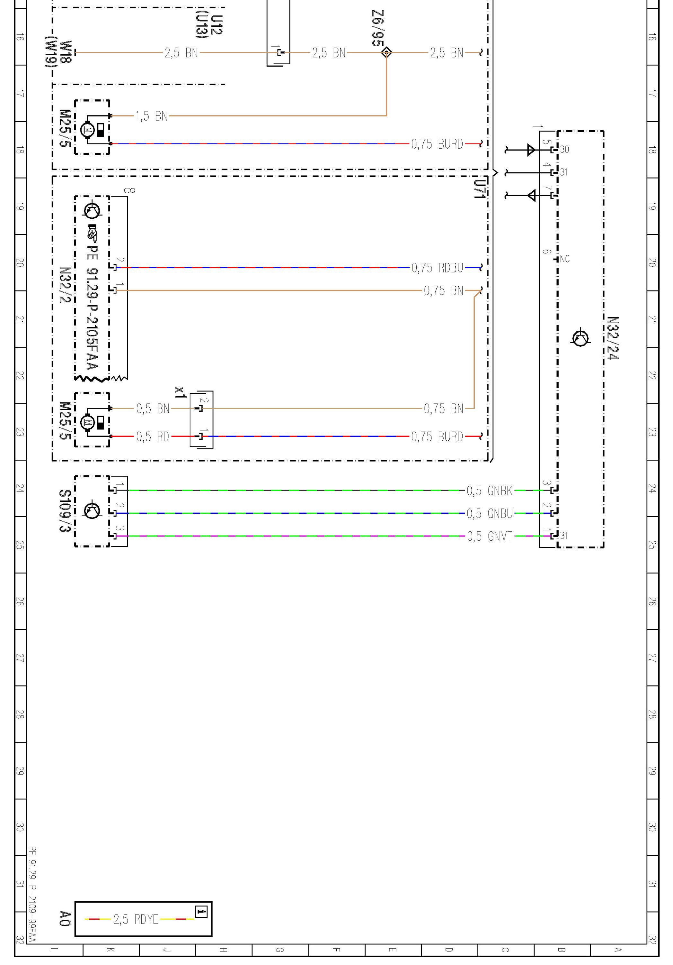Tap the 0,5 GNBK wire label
coord(490,491)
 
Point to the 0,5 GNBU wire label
coord(490,513)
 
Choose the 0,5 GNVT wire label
coord(490,536)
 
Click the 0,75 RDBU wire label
coord(437,268)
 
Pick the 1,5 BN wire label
coord(152,116)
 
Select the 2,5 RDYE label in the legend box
coord(136,919)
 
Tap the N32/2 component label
coord(64,285)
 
